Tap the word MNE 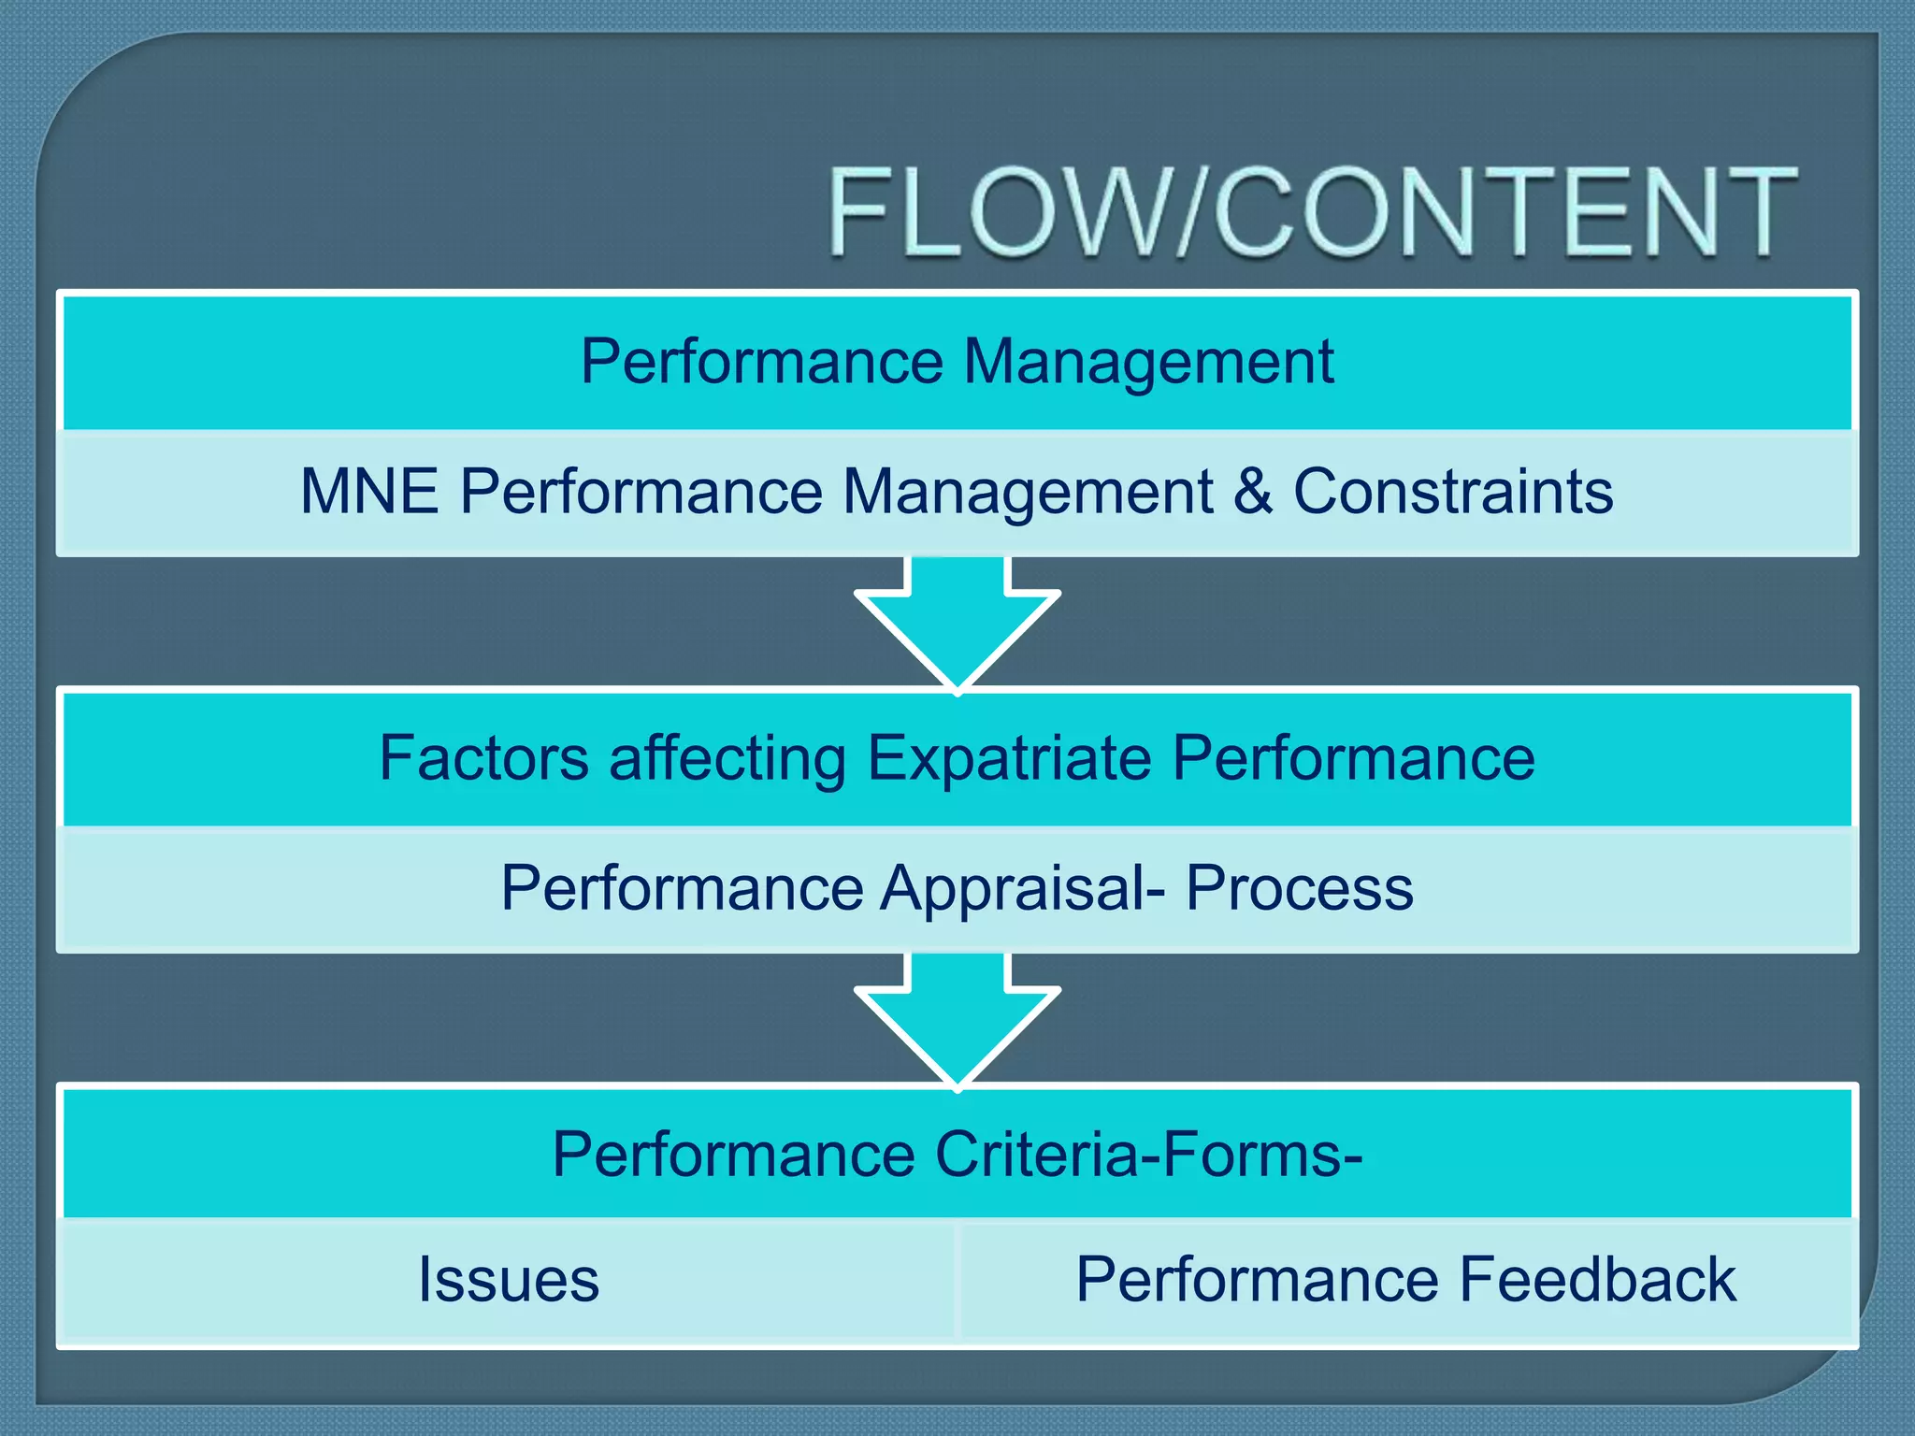(x=369, y=491)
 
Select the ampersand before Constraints (x=1253, y=491)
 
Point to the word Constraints (x=1453, y=491)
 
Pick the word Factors (x=483, y=757)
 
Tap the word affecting (x=727, y=759)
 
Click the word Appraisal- (x=1023, y=888)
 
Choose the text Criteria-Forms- (x=1148, y=1154)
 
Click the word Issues (x=508, y=1279)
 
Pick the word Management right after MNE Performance (x=1028, y=493)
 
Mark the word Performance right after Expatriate (x=1353, y=757)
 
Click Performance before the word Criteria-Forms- (x=733, y=1154)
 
